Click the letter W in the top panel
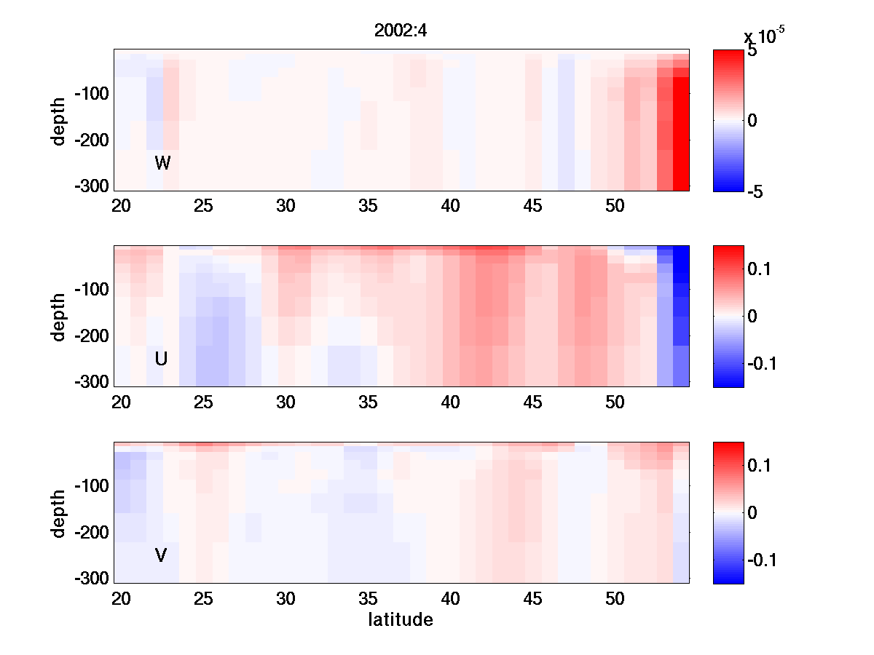coord(162,163)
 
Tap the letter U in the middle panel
coord(162,359)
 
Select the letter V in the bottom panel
coord(161,555)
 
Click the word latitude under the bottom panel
coord(401,620)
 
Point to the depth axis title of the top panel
coord(59,120)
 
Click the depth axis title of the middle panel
coord(59,317)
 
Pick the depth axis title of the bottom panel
coord(59,513)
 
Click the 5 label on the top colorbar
coord(752,52)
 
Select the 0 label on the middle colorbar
coord(752,316)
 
